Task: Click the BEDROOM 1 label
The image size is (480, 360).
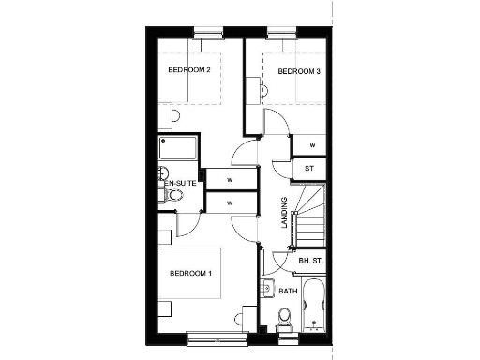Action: pos(191,273)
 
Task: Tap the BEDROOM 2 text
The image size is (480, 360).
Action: pos(187,70)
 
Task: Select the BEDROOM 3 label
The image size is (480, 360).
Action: pos(299,71)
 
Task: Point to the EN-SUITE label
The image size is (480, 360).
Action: pos(179,184)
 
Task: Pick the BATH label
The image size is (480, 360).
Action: pos(288,291)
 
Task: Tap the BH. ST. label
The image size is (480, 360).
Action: pos(310,260)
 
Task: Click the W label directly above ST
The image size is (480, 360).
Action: pos(311,145)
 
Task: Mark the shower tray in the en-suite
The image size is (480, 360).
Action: pos(177,148)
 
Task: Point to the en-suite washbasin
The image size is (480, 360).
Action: pos(162,174)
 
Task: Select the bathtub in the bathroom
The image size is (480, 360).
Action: pos(312,305)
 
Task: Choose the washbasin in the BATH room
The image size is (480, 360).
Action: pos(267,290)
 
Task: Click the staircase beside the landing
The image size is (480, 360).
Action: pos(308,217)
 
